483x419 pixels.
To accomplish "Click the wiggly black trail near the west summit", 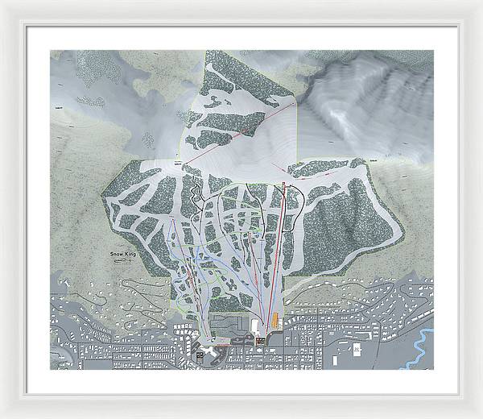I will pos(196,193).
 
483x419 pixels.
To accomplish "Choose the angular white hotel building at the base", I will pos(200,353).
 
